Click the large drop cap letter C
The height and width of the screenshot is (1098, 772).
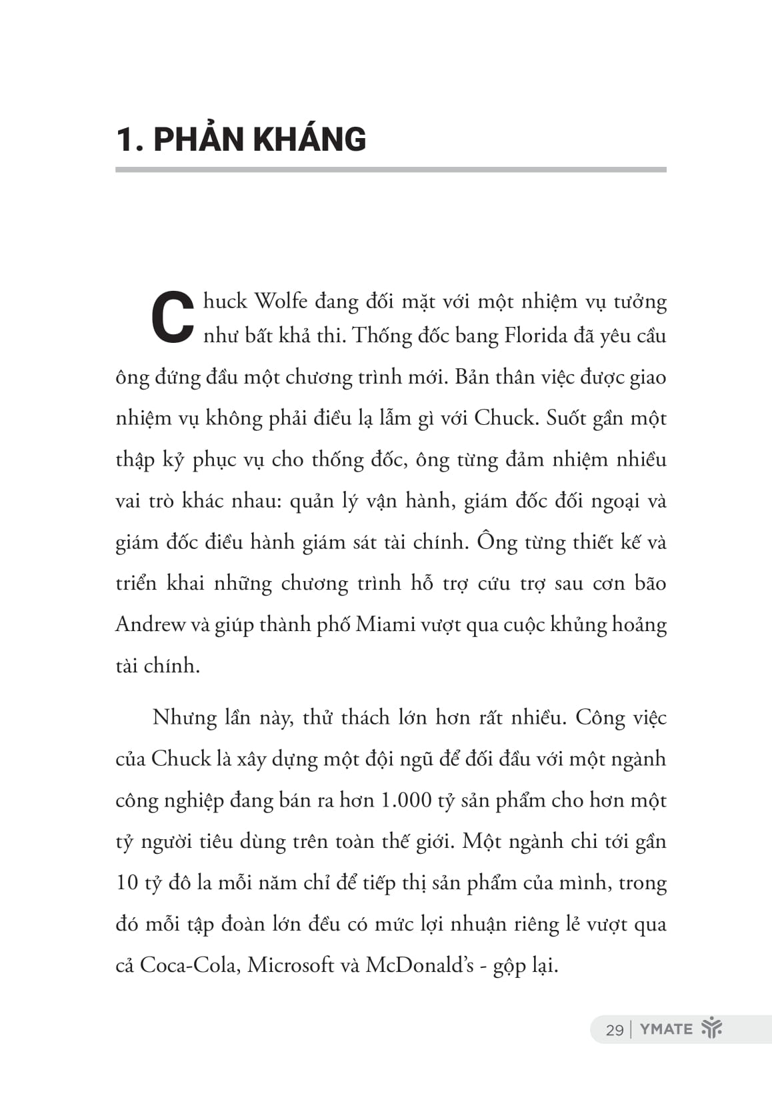click(x=173, y=318)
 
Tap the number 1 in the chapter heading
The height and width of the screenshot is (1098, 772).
click(x=124, y=140)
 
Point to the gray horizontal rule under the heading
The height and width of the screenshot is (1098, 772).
click(x=391, y=170)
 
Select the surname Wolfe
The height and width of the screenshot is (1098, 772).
click(x=281, y=302)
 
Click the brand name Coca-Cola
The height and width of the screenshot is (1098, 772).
click(x=189, y=965)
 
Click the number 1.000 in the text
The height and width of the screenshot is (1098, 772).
click(x=405, y=800)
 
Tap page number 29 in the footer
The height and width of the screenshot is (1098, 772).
click(x=614, y=1030)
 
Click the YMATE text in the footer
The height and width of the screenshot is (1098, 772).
click(x=666, y=1029)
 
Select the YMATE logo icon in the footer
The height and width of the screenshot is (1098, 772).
click(x=712, y=1029)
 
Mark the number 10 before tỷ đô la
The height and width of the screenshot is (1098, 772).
click(x=127, y=883)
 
